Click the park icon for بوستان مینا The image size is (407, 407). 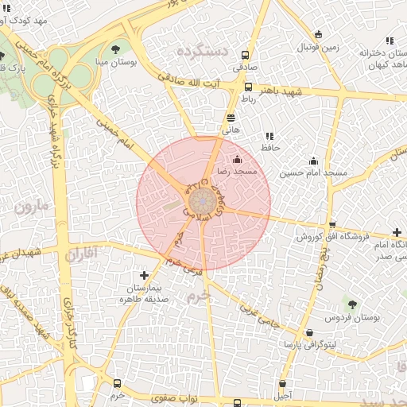(118, 49)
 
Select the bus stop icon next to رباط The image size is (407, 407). (248, 87)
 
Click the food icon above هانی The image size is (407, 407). (231, 118)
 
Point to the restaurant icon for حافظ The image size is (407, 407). (269, 136)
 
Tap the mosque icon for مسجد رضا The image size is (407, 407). (236, 160)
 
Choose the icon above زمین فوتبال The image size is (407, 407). (319, 35)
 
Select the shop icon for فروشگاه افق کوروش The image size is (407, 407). (331, 225)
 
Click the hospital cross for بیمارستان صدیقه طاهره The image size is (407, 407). (143, 275)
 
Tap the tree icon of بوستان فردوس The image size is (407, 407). (352, 304)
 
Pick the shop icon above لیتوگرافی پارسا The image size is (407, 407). (309, 334)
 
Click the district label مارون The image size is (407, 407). (30, 207)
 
